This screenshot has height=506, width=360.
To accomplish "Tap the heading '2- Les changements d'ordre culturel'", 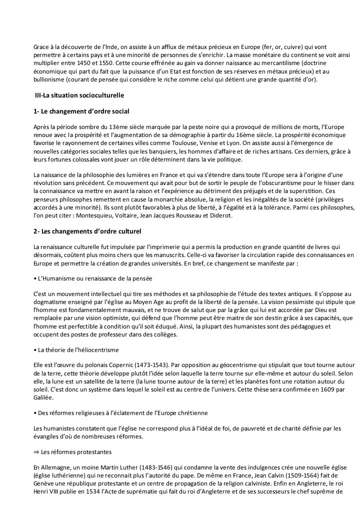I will click(x=87, y=232).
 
